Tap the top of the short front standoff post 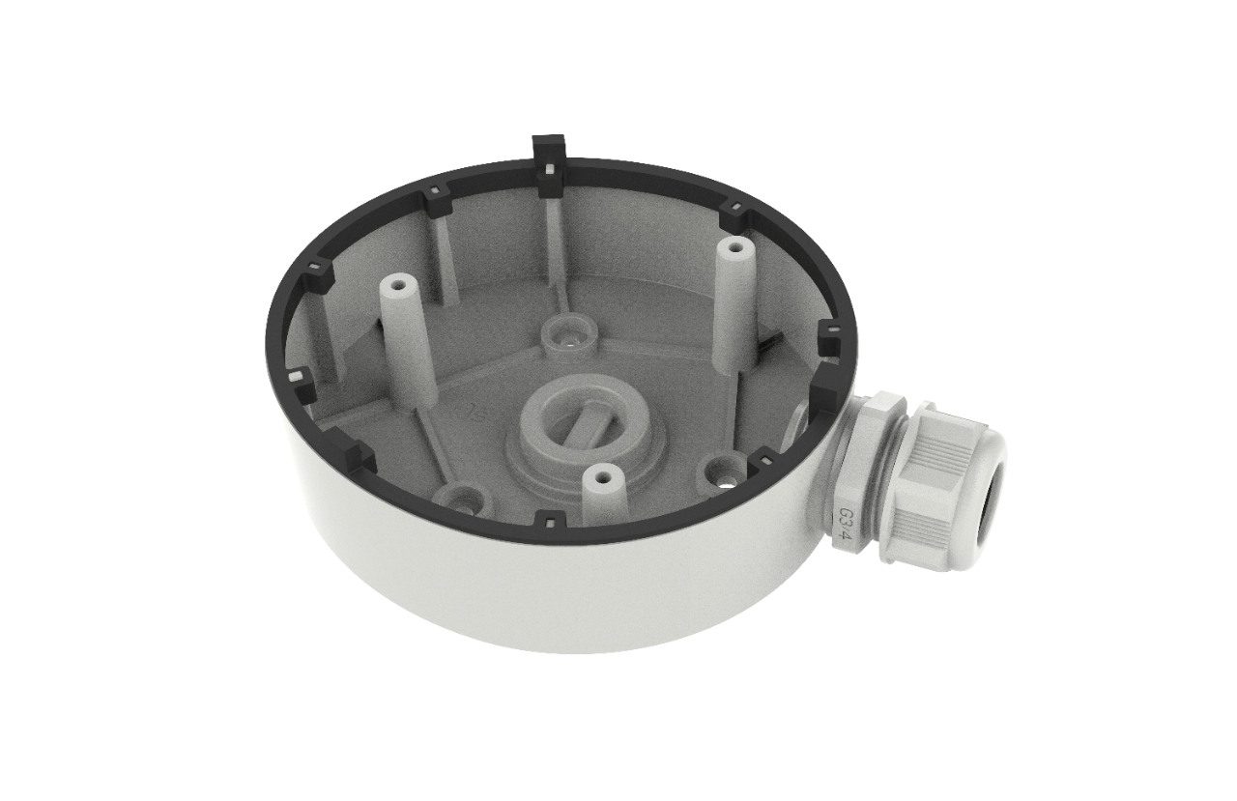pos(603,475)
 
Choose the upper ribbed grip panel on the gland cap pos(942,440)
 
